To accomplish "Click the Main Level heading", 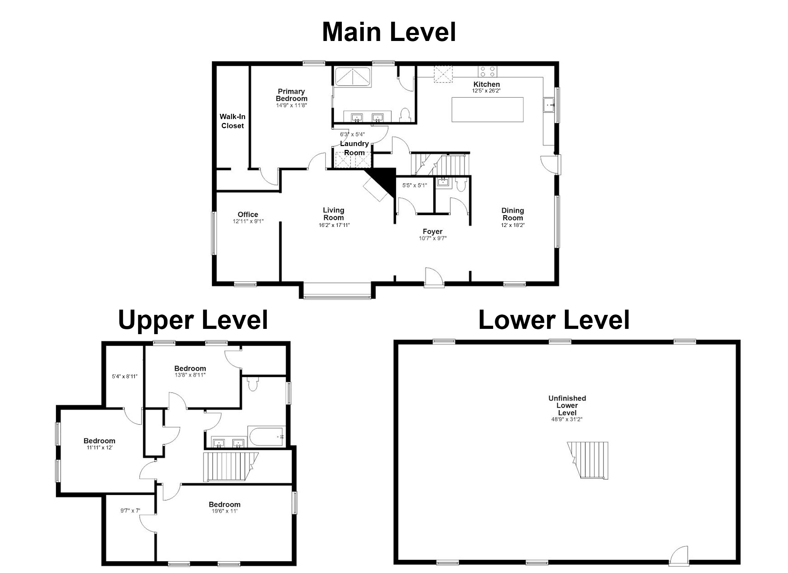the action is coord(389,32).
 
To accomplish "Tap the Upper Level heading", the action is coord(193,319).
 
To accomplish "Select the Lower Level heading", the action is coord(554,319).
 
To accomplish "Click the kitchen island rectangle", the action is coord(488,110).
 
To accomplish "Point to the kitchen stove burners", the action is coord(488,71).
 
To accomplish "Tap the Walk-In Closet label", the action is coord(233,121).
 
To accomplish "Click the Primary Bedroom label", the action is coord(291,95).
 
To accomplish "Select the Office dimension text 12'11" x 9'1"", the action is coord(248,221).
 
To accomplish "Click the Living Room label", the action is coord(333,214).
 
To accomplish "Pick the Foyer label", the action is coord(433,231).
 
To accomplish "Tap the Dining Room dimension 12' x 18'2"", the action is coord(513,225).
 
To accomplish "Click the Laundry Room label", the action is coord(354,148).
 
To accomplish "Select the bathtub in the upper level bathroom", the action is coord(267,436).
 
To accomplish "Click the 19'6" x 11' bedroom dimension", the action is coord(224,511).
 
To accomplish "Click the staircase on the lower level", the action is coord(588,460).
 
